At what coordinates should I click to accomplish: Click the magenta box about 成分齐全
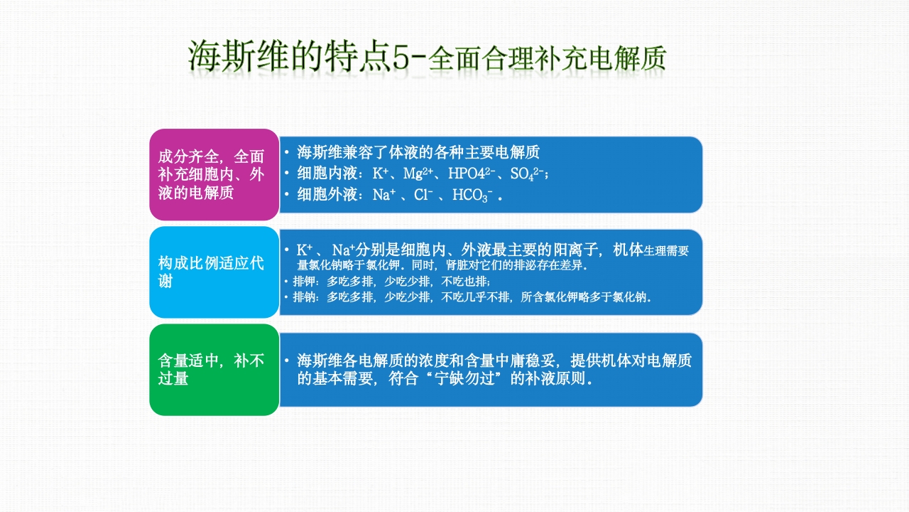click(x=213, y=174)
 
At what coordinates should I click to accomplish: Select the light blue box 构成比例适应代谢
click(x=213, y=272)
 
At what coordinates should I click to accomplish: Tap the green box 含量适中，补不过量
click(x=213, y=369)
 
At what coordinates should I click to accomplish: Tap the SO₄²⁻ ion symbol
click(x=528, y=173)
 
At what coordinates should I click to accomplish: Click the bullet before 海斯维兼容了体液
click(x=285, y=152)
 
